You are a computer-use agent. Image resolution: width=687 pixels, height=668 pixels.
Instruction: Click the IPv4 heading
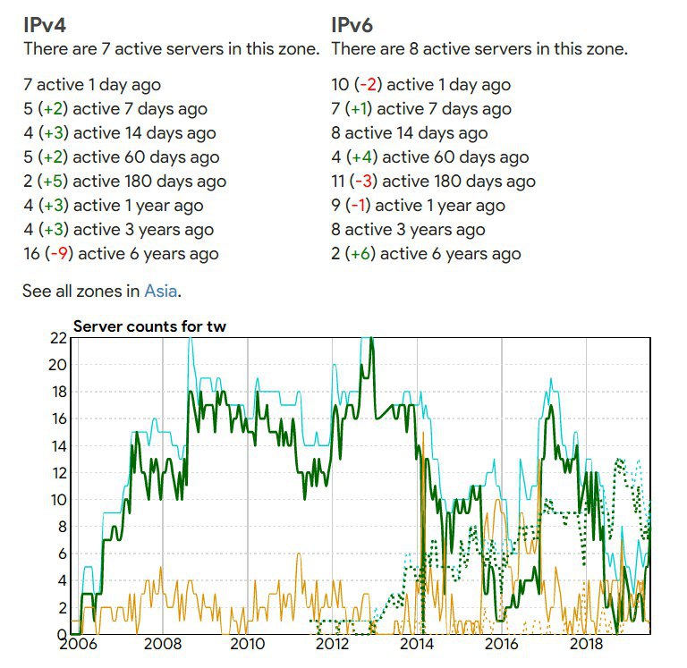[x=45, y=25]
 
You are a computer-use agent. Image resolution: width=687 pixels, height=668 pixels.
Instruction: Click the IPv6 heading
[x=352, y=25]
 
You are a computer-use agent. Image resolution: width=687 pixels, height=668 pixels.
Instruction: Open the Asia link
[x=161, y=291]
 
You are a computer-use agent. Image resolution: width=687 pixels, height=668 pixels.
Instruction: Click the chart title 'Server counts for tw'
[x=149, y=326]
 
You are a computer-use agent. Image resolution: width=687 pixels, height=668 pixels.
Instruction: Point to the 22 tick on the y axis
[x=59, y=338]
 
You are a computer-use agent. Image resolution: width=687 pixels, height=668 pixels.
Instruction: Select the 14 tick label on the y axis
[x=59, y=446]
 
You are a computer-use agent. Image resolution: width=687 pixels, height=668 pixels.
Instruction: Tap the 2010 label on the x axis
[x=248, y=644]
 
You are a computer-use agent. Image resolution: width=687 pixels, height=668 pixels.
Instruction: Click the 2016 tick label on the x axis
[x=502, y=644]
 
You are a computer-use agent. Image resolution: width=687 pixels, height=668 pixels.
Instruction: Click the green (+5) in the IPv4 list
[x=53, y=182]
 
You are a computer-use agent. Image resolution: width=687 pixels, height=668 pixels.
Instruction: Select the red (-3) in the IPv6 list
[x=364, y=182]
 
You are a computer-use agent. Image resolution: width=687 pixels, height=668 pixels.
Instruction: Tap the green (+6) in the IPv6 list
[x=360, y=254]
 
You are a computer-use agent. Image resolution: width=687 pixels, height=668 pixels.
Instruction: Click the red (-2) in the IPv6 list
[x=368, y=85]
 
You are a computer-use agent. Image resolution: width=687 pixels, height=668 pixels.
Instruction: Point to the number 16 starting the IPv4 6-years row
[x=32, y=254]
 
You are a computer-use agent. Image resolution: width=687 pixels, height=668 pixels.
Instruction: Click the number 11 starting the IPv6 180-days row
[x=338, y=182]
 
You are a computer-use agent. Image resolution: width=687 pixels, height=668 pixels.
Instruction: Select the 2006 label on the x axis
[x=78, y=644]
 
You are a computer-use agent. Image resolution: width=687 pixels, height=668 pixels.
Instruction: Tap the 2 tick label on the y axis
[x=63, y=608]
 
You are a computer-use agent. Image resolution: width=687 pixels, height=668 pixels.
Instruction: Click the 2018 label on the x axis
[x=586, y=644]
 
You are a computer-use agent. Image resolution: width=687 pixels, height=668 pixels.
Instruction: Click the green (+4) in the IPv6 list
[x=362, y=157]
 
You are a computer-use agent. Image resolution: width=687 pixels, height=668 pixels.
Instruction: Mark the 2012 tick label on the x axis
[x=332, y=644]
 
